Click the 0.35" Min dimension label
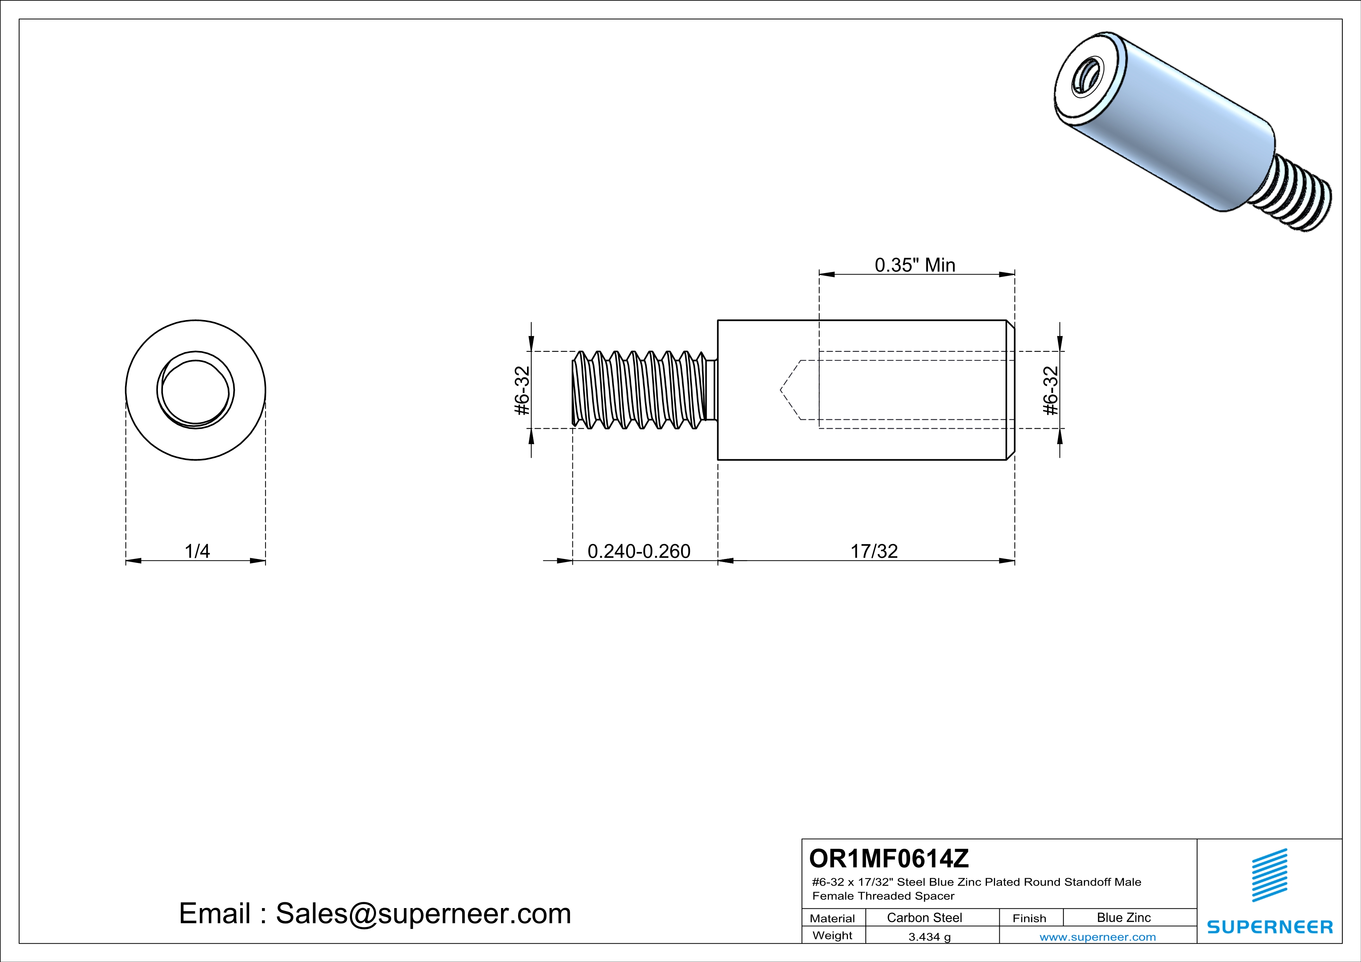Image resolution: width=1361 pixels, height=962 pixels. (915, 265)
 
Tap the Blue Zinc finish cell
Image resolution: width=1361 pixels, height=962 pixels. (1124, 917)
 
